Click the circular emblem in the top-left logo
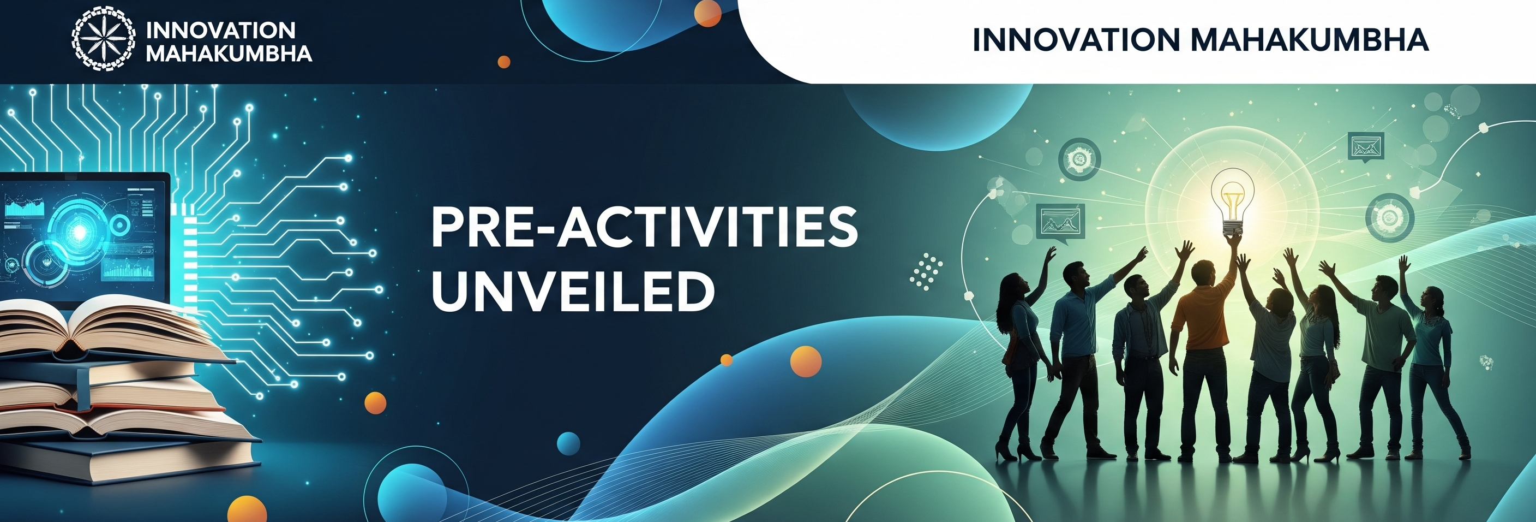(104, 39)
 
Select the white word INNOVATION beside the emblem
(220, 31)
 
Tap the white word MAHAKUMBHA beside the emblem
(229, 54)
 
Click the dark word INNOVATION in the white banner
(1076, 40)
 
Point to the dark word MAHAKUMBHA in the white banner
(1309, 40)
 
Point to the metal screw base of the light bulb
(1232, 227)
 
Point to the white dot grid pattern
(926, 271)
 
